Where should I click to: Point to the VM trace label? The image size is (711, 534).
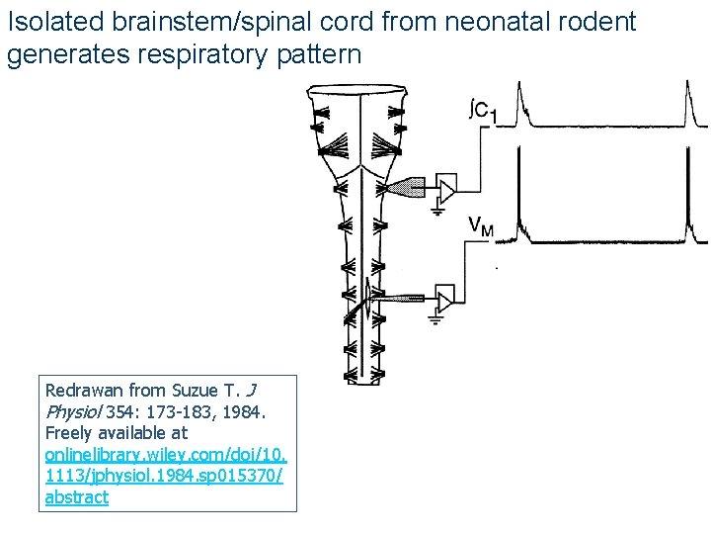tap(481, 228)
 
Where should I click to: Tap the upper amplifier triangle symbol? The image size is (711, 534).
tap(448, 187)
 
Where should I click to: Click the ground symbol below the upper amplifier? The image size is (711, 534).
tap(436, 209)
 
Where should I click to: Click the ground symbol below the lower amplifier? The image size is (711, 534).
tap(436, 318)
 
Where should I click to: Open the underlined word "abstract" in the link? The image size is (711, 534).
tap(77, 497)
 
